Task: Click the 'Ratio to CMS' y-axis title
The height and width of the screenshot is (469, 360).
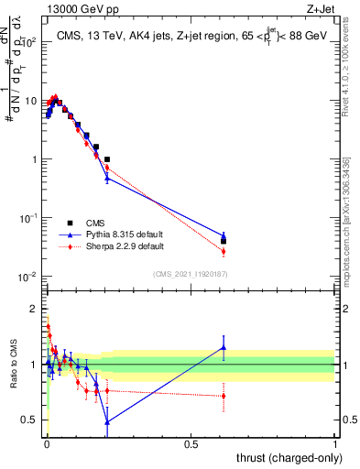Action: pyautogui.click(x=13, y=365)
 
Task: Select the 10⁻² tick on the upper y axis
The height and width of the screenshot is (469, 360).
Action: pyautogui.click(x=29, y=277)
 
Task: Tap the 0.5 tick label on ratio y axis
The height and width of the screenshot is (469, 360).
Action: pyautogui.click(x=29, y=420)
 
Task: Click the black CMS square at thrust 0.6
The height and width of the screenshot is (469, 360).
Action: pyautogui.click(x=224, y=241)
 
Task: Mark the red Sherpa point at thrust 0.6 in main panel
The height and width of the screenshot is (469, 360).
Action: pyautogui.click(x=224, y=251)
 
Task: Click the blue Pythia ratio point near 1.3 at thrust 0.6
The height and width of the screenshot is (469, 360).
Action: pyautogui.click(x=224, y=346)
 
